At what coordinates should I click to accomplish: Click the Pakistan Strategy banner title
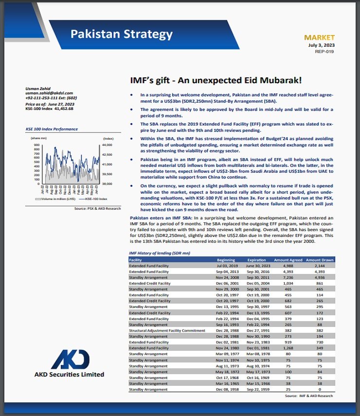click(x=121, y=35)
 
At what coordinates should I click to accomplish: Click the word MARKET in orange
click(x=319, y=37)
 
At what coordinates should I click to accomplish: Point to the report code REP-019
click(x=324, y=52)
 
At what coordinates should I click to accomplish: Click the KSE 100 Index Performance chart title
click(x=51, y=129)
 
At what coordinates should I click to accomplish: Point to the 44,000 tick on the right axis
click(x=108, y=145)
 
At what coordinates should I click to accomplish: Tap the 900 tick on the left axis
click(x=37, y=145)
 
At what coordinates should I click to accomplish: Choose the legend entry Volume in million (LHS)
click(x=53, y=199)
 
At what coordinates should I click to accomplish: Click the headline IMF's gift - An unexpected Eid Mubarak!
click(x=216, y=79)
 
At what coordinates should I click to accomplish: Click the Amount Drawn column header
click(x=319, y=260)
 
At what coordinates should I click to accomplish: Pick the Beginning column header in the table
click(x=226, y=260)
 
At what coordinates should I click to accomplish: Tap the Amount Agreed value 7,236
click(x=288, y=277)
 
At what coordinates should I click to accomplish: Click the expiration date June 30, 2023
click(x=256, y=266)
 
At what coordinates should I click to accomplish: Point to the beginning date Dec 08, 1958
click(x=226, y=389)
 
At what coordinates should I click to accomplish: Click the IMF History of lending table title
click(x=159, y=253)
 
